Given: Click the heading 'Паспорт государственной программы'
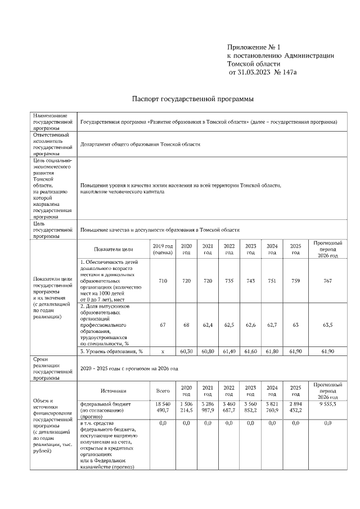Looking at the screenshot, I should coord(192,99).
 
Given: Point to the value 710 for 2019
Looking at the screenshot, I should coord(163,280).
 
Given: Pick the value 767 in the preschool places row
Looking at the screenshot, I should coord(327,280).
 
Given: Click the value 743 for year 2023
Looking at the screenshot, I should coord(250,280).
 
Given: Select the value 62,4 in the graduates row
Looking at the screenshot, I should coord(208,325).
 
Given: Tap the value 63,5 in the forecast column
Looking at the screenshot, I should coord(327,325).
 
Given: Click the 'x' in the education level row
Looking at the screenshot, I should coord(163,351).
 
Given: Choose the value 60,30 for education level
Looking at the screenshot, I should coord(186,351).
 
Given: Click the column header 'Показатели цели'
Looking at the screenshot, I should coord(114,249).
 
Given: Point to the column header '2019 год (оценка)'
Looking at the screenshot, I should coord(163,249).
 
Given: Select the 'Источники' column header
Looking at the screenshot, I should coord(114,390).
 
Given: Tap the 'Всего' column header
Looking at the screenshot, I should coord(163,390).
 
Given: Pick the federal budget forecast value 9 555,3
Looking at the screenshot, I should coord(327,404).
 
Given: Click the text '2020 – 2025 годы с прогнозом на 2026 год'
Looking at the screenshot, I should coord(129,369).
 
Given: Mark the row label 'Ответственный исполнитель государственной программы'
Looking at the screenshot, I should coord(53,144).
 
